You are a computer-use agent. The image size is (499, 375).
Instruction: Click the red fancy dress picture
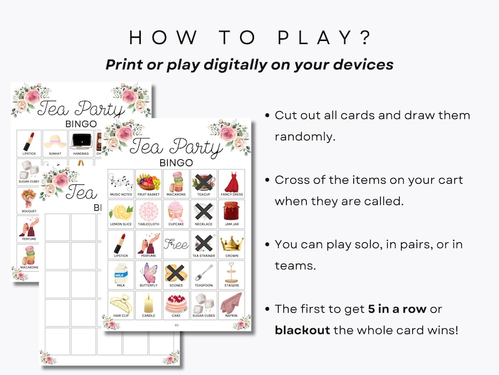(231, 182)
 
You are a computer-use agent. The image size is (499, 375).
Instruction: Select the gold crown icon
(231, 243)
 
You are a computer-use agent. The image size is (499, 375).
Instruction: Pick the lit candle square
(148, 304)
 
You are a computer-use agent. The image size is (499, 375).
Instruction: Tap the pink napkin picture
(231, 303)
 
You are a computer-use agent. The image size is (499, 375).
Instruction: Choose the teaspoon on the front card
(204, 273)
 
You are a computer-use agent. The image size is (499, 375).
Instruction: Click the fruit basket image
(148, 182)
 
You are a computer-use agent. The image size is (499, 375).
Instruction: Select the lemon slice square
(121, 212)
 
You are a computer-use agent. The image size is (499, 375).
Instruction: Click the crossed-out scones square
(176, 272)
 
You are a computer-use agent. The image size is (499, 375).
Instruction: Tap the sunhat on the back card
(55, 141)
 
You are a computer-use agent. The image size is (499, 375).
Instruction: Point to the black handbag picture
(80, 141)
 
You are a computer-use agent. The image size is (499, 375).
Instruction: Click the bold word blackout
(302, 330)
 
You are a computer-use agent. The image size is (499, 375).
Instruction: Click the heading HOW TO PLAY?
(249, 37)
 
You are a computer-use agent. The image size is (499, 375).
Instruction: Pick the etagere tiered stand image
(231, 273)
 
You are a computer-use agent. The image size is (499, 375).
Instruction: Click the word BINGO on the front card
(176, 162)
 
